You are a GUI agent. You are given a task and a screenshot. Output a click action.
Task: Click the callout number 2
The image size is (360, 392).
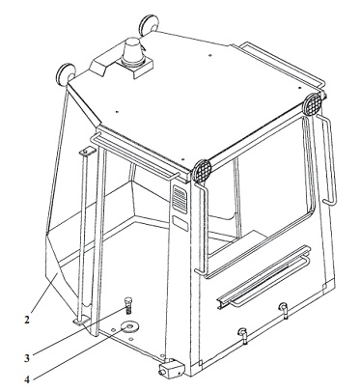tap(27, 320)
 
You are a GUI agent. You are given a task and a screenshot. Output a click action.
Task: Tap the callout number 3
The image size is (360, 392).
tap(27, 357)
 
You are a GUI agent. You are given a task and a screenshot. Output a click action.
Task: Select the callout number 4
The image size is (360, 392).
tap(27, 379)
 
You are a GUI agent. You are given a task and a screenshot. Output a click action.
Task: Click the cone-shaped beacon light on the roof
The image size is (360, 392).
tap(132, 51)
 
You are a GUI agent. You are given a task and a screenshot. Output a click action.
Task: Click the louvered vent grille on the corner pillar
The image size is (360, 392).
tap(180, 200)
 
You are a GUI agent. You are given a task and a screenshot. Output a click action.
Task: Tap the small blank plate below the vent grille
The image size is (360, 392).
tap(180, 223)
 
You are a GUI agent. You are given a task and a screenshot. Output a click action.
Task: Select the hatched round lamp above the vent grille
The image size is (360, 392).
tap(202, 170)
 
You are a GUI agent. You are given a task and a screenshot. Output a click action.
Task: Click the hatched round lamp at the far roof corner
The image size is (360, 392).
tap(313, 104)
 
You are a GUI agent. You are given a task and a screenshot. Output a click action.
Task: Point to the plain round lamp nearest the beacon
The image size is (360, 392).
tap(149, 23)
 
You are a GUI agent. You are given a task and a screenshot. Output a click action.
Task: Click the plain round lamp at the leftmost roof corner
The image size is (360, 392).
tap(66, 73)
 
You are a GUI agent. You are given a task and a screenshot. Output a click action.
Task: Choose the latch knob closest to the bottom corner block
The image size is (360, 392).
tap(242, 334)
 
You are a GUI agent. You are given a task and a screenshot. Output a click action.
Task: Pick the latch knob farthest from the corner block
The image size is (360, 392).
tap(284, 308)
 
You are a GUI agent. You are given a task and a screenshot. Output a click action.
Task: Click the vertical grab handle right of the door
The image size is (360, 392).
tap(327, 159)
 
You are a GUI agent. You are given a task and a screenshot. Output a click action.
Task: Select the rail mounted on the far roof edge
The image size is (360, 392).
tap(280, 65)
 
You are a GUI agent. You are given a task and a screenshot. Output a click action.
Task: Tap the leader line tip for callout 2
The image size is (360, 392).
tap(58, 273)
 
